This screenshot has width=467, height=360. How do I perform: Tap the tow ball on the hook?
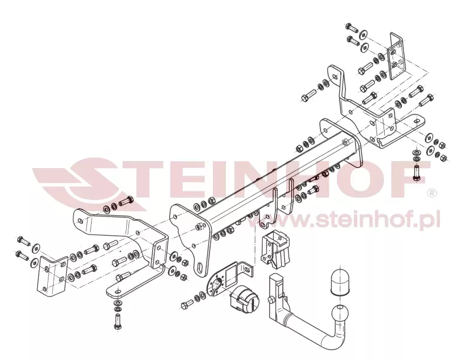339,311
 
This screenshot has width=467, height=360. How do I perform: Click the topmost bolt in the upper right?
351,27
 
